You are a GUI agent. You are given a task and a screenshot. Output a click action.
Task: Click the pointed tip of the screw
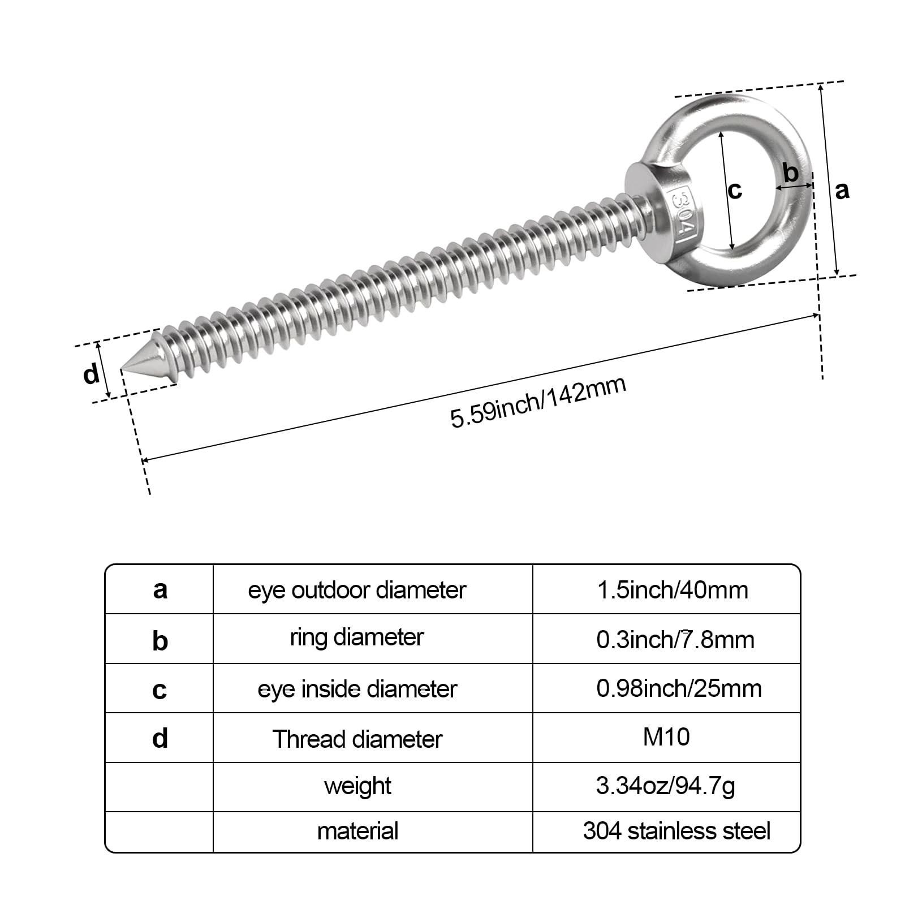(x=122, y=370)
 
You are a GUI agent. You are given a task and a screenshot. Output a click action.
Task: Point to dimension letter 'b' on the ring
(x=791, y=172)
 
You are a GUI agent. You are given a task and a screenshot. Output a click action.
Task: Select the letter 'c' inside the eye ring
(x=735, y=190)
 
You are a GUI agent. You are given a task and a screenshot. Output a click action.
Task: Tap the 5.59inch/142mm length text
(x=538, y=402)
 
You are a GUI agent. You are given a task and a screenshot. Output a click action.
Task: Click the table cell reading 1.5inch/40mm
(x=673, y=590)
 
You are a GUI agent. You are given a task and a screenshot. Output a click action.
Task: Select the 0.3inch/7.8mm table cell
(x=675, y=640)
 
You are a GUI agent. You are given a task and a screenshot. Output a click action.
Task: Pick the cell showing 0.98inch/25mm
(x=679, y=688)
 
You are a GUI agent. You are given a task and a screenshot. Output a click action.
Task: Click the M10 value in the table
(x=666, y=737)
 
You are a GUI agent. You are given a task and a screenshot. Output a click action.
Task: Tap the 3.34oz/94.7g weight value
(x=666, y=786)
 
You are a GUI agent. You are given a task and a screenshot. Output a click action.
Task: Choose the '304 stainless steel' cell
(x=676, y=831)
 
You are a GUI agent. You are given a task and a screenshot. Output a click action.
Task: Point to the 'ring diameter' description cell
(x=357, y=638)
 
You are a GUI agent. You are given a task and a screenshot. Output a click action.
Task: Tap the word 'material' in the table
(x=357, y=831)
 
